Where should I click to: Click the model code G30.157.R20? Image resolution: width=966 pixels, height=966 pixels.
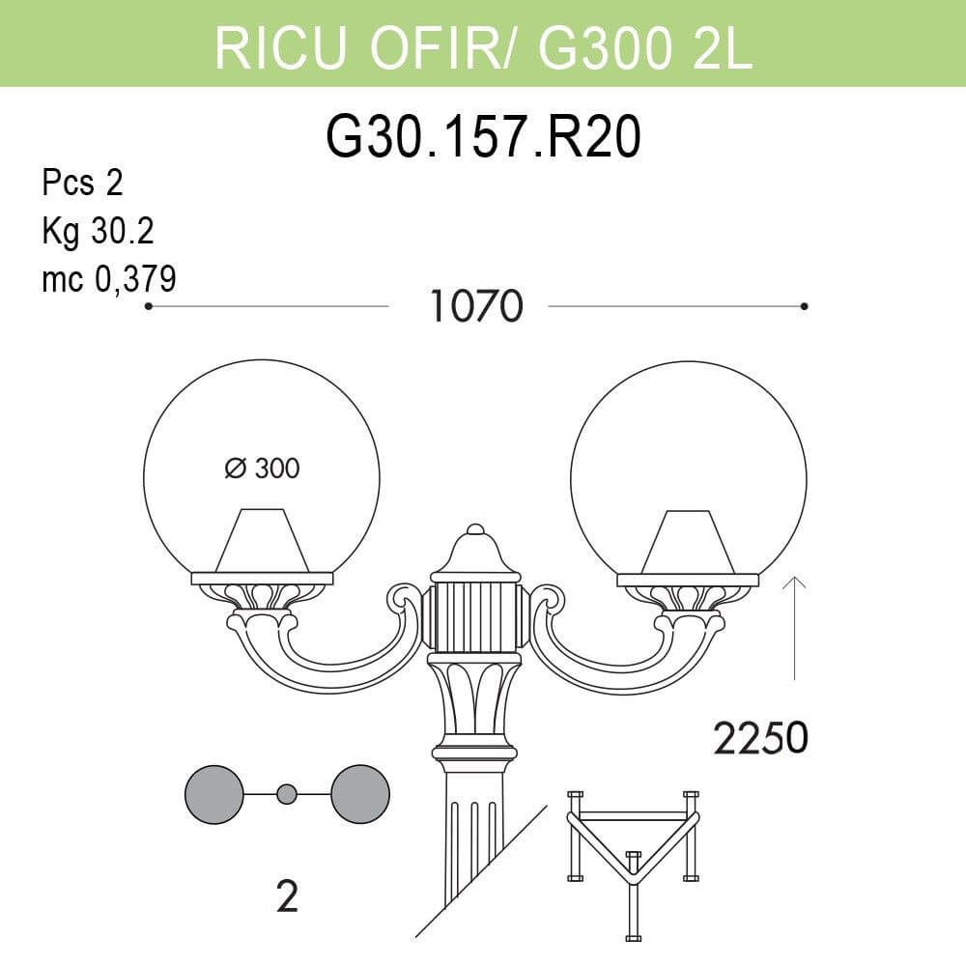tap(483, 138)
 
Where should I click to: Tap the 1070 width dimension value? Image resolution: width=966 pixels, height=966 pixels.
tap(475, 306)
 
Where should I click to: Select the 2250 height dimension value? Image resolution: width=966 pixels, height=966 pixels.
tap(760, 739)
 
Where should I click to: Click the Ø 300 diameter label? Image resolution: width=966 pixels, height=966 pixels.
tap(262, 469)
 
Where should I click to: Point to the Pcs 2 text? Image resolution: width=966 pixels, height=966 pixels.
tap(82, 183)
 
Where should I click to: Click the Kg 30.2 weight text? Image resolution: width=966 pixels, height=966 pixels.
tap(98, 231)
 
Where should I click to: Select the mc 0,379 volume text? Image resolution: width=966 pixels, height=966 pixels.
tap(108, 279)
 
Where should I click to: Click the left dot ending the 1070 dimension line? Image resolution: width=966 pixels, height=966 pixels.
tap(148, 306)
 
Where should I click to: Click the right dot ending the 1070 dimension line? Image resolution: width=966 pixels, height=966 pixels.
tap(805, 306)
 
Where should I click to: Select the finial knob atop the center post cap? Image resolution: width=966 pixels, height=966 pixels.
tap(474, 530)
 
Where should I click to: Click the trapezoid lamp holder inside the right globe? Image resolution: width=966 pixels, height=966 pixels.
tap(687, 543)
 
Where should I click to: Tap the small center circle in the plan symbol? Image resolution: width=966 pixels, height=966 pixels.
tap(286, 794)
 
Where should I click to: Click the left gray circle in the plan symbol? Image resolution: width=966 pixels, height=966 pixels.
tap(213, 794)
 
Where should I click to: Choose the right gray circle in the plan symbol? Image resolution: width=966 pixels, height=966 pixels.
tap(360, 794)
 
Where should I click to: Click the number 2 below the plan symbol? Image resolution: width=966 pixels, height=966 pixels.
tap(286, 898)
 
